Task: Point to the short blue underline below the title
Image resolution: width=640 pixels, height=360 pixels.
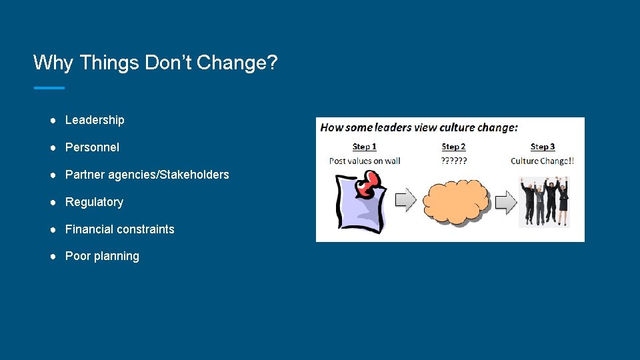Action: [x=49, y=87]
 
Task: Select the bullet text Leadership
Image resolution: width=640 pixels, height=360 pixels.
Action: [x=95, y=120]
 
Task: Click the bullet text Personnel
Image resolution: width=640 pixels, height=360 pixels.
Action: [x=92, y=147]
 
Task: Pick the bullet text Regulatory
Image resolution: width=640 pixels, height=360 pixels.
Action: [x=94, y=202]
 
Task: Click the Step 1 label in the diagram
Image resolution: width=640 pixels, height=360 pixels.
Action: [x=364, y=147]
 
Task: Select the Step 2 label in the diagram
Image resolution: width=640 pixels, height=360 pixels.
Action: [x=453, y=147]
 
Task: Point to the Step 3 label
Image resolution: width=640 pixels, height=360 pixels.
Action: [x=542, y=147]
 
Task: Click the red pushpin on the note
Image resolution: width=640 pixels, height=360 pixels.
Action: [x=368, y=183]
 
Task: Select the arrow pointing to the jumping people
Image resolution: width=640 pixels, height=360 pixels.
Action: [x=506, y=201]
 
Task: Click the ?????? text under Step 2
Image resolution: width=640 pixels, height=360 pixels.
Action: [x=454, y=161]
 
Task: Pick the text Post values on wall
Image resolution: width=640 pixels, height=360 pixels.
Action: [x=364, y=161]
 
